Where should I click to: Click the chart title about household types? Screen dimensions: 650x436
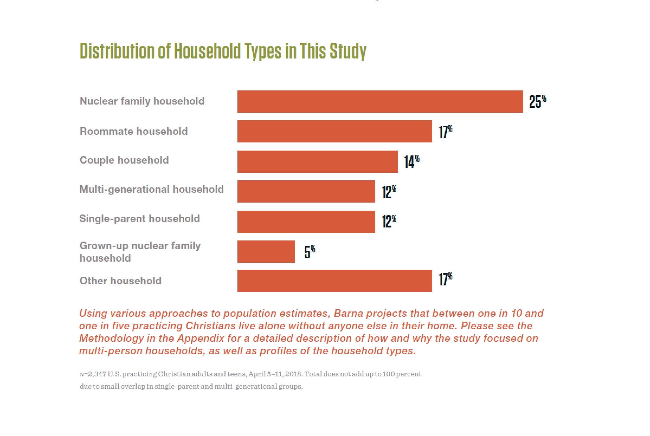223,51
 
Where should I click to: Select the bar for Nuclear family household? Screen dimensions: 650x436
380,102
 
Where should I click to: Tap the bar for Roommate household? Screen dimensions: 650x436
334,131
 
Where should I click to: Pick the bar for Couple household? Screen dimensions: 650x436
317,162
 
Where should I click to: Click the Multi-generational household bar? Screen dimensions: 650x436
306,191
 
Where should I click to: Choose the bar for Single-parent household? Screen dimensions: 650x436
306,222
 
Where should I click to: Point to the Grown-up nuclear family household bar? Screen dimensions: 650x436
266,251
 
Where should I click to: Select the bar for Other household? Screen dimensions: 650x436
334,281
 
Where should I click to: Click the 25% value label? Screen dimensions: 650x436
538,102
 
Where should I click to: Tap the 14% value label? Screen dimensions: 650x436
412,162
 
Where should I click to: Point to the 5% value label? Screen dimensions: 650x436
310,252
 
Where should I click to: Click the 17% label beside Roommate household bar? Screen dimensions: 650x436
445,132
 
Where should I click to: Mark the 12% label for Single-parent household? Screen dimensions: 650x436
389,222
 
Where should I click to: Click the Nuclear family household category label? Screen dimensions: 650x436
142,101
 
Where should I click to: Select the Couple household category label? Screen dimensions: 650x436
124,160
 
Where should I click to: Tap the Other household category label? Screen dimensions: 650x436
120,281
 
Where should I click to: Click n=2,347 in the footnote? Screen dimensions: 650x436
93,374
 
